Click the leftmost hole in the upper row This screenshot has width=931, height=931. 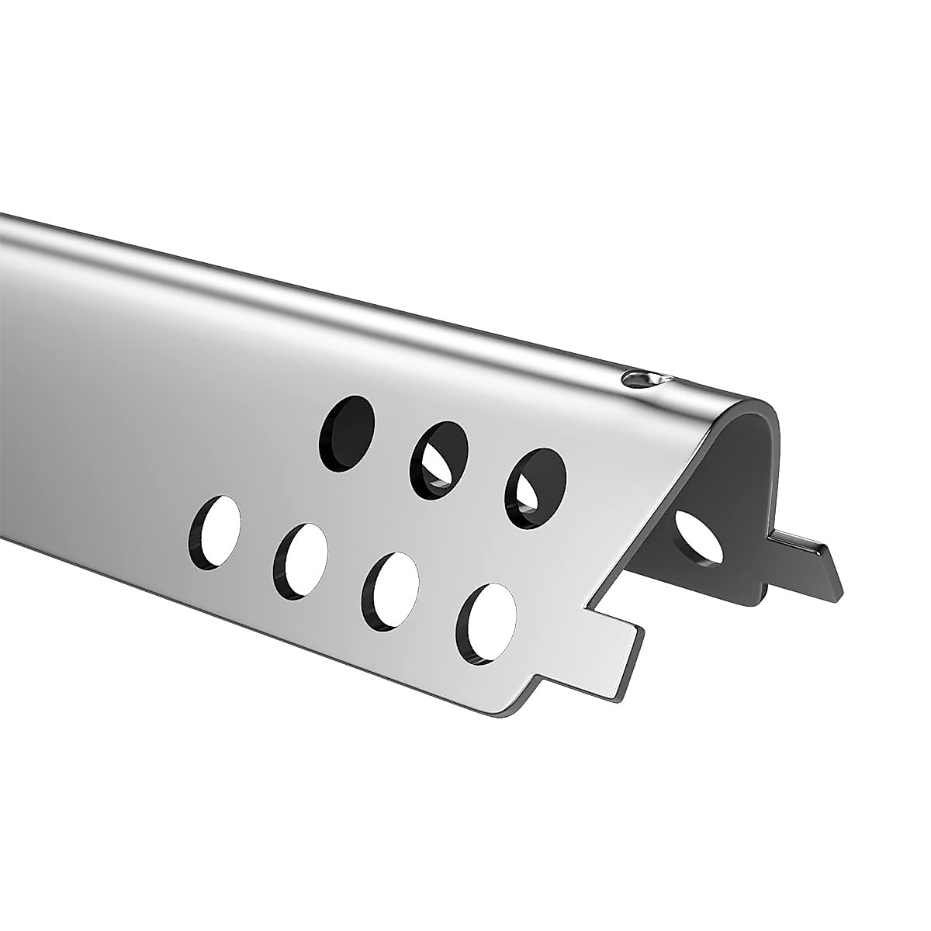tap(347, 434)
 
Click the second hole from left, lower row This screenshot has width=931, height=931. tap(300, 562)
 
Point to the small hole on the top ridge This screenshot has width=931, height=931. tap(639, 379)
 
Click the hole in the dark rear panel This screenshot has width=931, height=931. tap(701, 537)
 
